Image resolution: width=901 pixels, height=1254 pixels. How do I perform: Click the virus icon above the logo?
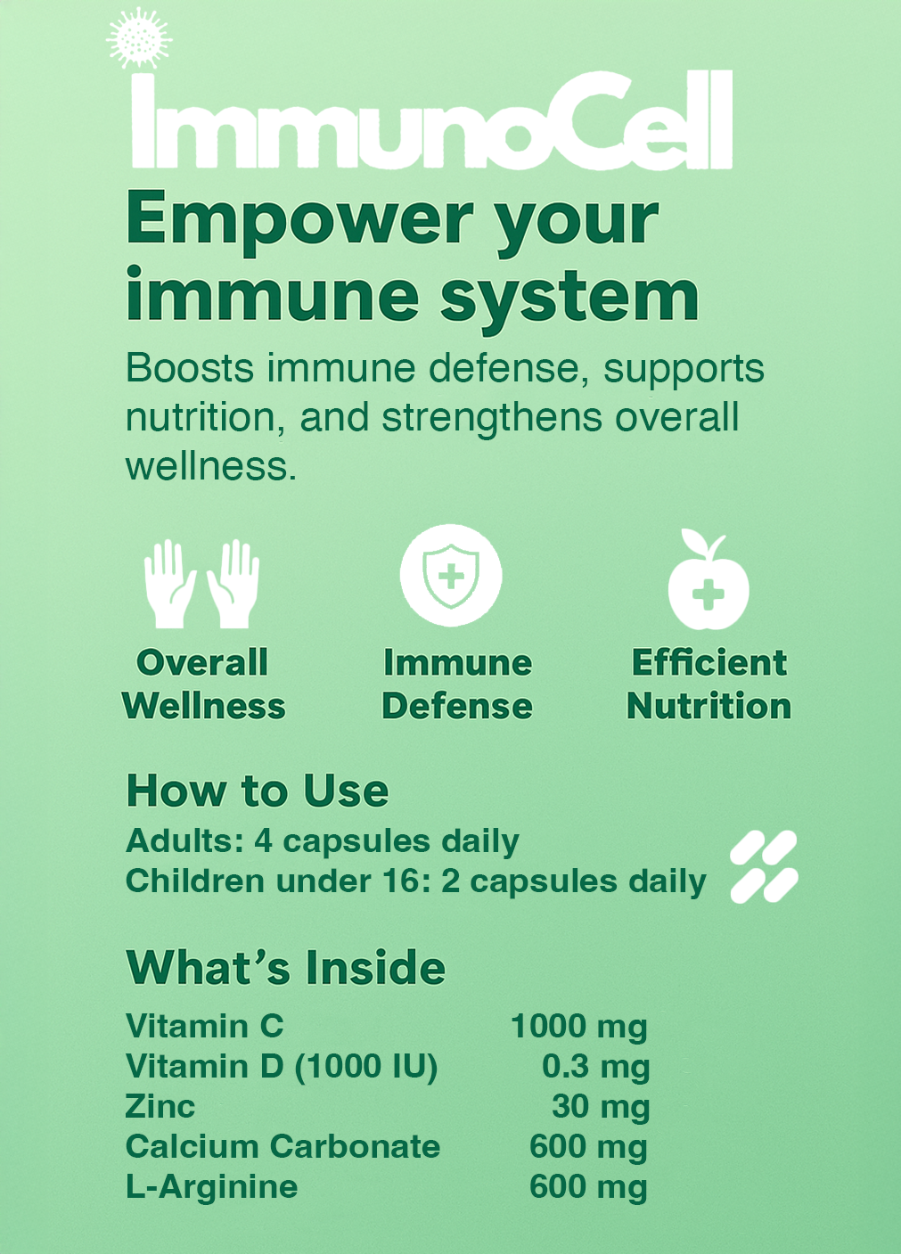[139, 38]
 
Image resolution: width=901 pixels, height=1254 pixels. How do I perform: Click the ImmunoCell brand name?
[431, 119]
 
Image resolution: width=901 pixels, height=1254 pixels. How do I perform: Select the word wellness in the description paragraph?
[209, 466]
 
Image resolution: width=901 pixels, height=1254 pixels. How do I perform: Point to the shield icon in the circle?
[451, 575]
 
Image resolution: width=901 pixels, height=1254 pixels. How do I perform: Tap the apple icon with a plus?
[708, 580]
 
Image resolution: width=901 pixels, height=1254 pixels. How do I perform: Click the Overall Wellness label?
[204, 684]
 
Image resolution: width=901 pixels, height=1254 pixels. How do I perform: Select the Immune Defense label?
[457, 684]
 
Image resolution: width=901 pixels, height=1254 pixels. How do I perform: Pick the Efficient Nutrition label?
[709, 684]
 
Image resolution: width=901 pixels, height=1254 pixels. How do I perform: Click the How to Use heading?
[258, 791]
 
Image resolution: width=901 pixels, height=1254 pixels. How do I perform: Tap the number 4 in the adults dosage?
[264, 840]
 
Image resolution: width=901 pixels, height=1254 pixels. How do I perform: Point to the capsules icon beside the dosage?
[764, 866]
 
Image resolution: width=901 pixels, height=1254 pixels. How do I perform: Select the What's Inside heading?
[286, 967]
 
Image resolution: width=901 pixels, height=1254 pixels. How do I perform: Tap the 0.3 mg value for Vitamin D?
[595, 1068]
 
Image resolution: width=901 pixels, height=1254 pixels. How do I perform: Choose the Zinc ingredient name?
[160, 1107]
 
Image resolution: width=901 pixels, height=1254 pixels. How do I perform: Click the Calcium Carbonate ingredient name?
[283, 1147]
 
